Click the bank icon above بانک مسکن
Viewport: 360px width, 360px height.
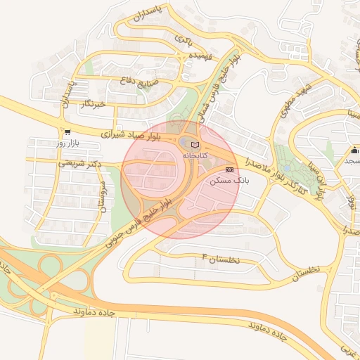229,170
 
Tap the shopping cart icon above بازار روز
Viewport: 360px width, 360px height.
67,131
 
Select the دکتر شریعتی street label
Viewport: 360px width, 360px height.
81,163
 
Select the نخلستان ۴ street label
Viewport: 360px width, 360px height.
221,259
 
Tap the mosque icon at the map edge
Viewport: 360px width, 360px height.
354,150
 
